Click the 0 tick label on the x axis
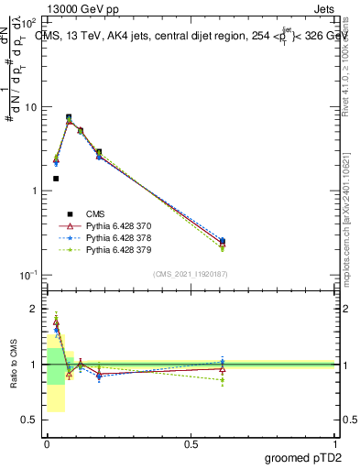tap(46, 444)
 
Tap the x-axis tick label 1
tap(336, 444)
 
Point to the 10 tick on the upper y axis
tap(30, 107)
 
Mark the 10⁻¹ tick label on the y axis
tap(27, 275)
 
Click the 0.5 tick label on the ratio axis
tap(31, 420)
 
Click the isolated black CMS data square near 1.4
tap(56, 179)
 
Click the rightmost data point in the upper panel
tap(223, 242)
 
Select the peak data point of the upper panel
tap(69, 117)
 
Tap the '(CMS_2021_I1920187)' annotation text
tap(189, 274)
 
